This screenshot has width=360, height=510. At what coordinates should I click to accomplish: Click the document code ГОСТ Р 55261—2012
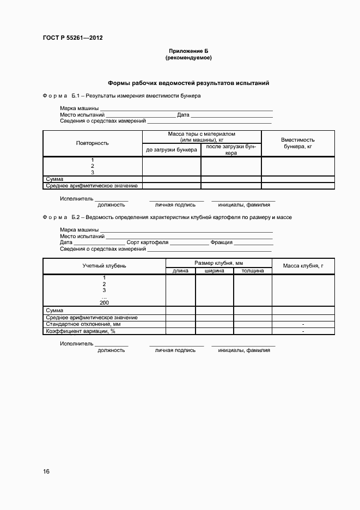(x=72, y=38)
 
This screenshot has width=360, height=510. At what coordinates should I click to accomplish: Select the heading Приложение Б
(x=188, y=51)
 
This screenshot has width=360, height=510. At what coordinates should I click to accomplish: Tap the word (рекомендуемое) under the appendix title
(x=188, y=57)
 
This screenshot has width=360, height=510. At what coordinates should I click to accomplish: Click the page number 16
(x=46, y=471)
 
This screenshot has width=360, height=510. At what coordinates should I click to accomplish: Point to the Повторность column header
(x=92, y=143)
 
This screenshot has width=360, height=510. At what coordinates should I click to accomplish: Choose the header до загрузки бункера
(x=172, y=150)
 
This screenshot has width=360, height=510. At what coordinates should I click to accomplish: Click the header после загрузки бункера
(x=231, y=150)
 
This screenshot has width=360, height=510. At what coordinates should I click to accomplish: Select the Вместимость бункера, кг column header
(x=298, y=143)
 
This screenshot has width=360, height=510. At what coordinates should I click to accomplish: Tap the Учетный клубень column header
(x=104, y=266)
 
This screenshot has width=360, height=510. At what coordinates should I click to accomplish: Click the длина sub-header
(x=180, y=271)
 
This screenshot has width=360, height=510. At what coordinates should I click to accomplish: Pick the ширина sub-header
(x=215, y=271)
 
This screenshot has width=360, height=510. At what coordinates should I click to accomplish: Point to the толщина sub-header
(x=253, y=271)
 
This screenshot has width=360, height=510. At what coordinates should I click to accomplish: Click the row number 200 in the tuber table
(x=105, y=302)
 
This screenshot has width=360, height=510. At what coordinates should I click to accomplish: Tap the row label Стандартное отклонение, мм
(x=80, y=324)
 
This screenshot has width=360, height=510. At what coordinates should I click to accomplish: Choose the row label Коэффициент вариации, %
(x=81, y=331)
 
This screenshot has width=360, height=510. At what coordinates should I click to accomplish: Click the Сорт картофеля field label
(x=147, y=242)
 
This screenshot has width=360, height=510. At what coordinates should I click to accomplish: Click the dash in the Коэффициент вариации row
(x=303, y=331)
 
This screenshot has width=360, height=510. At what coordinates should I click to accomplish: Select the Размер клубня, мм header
(x=218, y=263)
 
